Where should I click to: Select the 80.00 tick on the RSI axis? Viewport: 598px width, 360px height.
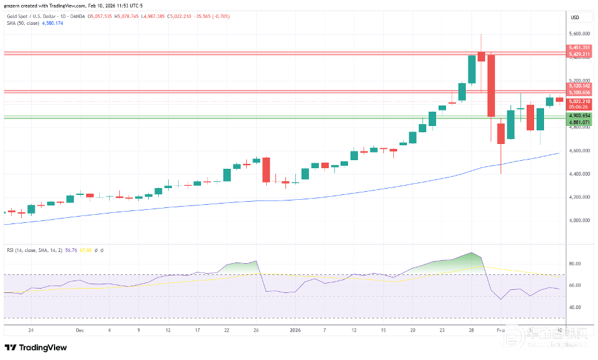point(576,264)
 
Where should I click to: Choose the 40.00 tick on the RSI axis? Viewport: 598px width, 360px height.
point(576,307)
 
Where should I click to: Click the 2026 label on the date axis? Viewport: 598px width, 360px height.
point(295,331)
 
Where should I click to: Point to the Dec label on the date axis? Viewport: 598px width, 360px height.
point(79,331)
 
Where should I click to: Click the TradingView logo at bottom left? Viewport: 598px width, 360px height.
point(36,348)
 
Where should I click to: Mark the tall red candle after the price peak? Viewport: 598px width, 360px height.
point(491,85)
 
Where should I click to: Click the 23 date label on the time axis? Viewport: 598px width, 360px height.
point(442,331)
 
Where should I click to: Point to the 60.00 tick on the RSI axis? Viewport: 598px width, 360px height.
point(576,286)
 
